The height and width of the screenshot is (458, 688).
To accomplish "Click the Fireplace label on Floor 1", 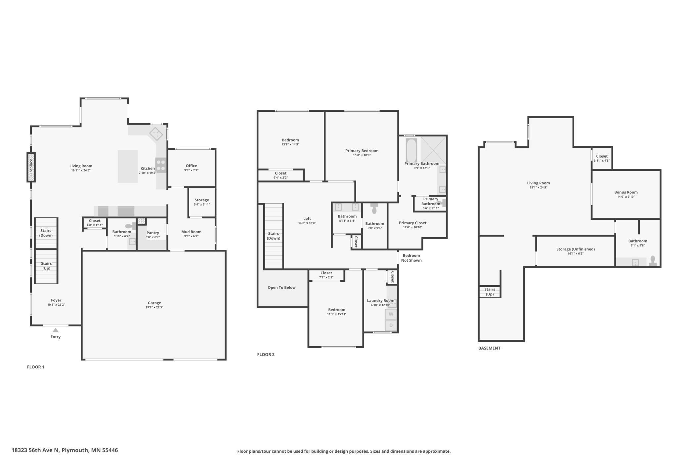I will [x=31, y=167].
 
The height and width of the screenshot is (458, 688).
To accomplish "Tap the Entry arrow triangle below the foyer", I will [x=56, y=330].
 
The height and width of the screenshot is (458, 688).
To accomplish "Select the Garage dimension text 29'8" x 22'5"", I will [x=154, y=307].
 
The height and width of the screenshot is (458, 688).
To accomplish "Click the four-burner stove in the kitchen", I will [x=161, y=165].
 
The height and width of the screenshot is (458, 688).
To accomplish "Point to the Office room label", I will [x=191, y=166].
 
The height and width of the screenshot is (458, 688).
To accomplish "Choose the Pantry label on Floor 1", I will [x=152, y=233].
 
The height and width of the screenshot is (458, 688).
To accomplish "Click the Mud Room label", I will [x=191, y=232].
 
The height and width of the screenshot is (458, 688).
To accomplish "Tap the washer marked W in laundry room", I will [x=391, y=314].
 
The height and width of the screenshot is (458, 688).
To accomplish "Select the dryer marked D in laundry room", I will [x=391, y=325].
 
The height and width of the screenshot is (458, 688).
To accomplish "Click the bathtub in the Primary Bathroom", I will [x=411, y=151].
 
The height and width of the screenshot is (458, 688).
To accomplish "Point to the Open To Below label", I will [x=281, y=287].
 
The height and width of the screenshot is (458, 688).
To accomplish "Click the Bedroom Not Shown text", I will [x=411, y=258].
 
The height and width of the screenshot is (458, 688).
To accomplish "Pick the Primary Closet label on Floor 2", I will [x=412, y=223].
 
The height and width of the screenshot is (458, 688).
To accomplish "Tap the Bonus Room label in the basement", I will [x=626, y=192].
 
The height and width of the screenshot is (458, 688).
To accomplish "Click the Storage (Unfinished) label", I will [x=575, y=249].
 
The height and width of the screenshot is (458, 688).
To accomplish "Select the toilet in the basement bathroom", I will [x=653, y=261].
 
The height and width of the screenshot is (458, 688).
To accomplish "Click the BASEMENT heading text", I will [x=489, y=348].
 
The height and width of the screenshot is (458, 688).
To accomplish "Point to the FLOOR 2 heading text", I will [x=266, y=355].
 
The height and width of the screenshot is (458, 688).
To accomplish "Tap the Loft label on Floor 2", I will [x=307, y=218].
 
